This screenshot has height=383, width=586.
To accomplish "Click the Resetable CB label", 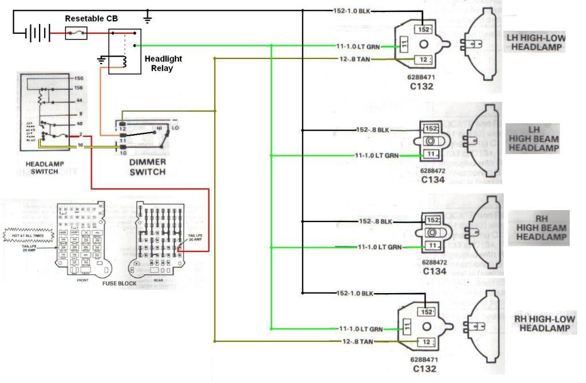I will pyautogui.click(x=87, y=18).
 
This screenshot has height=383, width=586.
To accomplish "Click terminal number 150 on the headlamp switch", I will pyautogui.click(x=80, y=77).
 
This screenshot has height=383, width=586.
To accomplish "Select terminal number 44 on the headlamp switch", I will pyautogui.click(x=79, y=101).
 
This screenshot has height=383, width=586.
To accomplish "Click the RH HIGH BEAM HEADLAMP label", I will pyautogui.click(x=541, y=227).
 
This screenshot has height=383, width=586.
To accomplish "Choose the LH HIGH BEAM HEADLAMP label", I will pyautogui.click(x=533, y=138).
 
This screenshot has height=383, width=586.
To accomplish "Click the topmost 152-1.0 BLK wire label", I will pyautogui.click(x=352, y=11).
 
